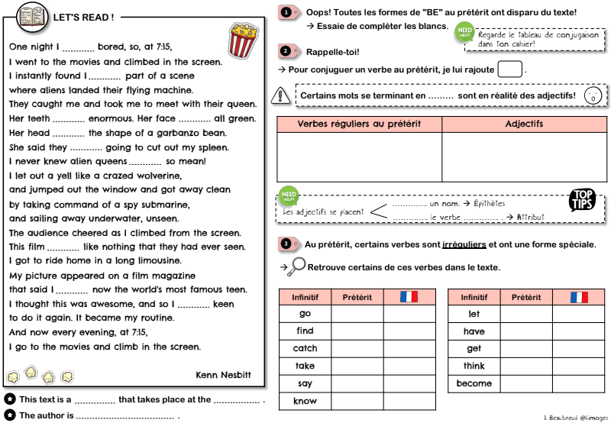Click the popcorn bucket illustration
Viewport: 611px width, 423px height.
[x=242, y=40]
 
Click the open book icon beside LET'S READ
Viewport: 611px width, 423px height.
[x=31, y=15]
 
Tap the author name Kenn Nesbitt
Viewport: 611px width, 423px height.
[x=223, y=374]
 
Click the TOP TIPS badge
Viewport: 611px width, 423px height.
[x=583, y=201]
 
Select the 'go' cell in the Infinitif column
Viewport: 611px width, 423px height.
[x=305, y=314]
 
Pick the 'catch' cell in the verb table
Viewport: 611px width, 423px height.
[x=305, y=349]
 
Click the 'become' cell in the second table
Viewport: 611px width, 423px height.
[x=474, y=383]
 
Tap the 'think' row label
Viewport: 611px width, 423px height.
[x=474, y=366]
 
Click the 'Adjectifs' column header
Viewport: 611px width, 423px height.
[x=524, y=124]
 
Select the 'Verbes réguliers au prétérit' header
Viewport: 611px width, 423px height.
[x=359, y=124]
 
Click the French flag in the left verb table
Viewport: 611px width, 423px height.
[x=409, y=297]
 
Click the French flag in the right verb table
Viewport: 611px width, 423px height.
[x=579, y=297]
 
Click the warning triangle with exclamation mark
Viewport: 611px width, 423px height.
[x=283, y=95]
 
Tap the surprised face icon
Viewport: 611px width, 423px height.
[x=591, y=95]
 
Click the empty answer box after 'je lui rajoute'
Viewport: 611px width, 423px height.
[x=509, y=69]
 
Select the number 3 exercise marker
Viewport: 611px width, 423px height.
[x=286, y=244]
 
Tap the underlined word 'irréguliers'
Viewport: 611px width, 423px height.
[x=464, y=244]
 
